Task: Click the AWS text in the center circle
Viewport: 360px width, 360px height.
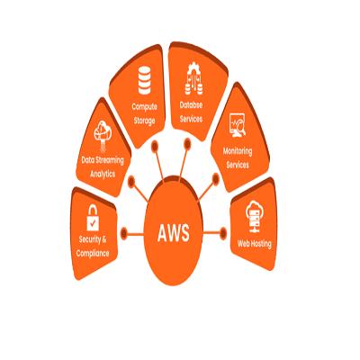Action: click(174, 233)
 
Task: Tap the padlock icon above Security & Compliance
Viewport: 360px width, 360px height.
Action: click(93, 218)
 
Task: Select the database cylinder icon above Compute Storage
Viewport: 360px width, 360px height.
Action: click(145, 80)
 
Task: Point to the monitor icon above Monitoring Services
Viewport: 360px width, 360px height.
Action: click(238, 125)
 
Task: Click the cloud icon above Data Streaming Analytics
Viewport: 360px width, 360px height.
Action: click(103, 130)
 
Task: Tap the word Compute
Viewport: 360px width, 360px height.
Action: click(145, 106)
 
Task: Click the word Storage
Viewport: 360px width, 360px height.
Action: click(145, 121)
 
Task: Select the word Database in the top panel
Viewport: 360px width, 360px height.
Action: click(191, 105)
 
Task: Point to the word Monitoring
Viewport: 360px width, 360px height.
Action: click(238, 151)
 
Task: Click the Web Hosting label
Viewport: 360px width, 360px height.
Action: click(255, 243)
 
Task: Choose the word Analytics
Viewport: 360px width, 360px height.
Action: click(103, 174)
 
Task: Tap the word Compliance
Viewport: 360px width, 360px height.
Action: click(93, 253)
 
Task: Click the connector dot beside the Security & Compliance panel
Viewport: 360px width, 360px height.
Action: click(124, 233)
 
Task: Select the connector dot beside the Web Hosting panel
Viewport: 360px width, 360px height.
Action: click(223, 233)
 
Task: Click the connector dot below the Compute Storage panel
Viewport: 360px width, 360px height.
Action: click(155, 146)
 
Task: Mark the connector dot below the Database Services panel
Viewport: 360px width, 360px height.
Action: click(187, 144)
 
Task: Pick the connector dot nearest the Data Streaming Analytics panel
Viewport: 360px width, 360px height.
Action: click(131, 182)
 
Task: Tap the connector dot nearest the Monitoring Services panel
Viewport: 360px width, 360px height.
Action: click(215, 179)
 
